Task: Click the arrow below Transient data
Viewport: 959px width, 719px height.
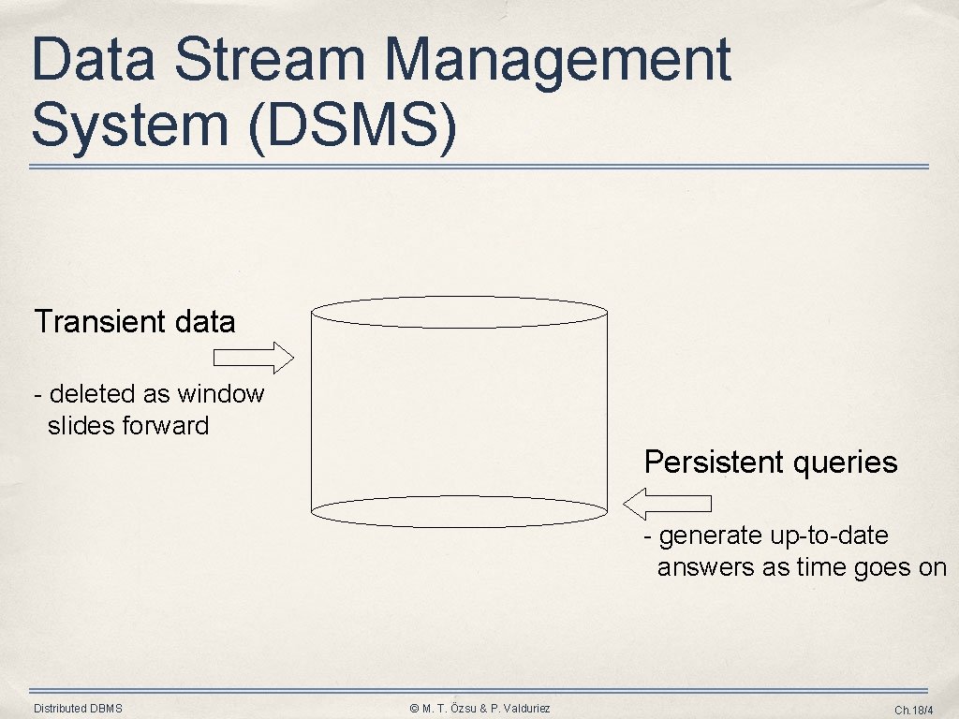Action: pos(254,357)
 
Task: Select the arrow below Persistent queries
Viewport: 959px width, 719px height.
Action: pos(667,503)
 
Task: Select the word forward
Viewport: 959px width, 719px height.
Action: pos(168,426)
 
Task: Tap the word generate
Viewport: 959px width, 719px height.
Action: pos(711,536)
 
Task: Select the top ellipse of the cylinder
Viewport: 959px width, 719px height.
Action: pos(459,312)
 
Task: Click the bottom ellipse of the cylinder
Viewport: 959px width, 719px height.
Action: pos(459,511)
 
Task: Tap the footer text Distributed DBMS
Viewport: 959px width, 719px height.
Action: pos(78,709)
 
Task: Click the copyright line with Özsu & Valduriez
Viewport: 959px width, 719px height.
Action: pos(479,709)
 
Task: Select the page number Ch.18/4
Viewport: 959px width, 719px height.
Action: pos(914,710)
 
